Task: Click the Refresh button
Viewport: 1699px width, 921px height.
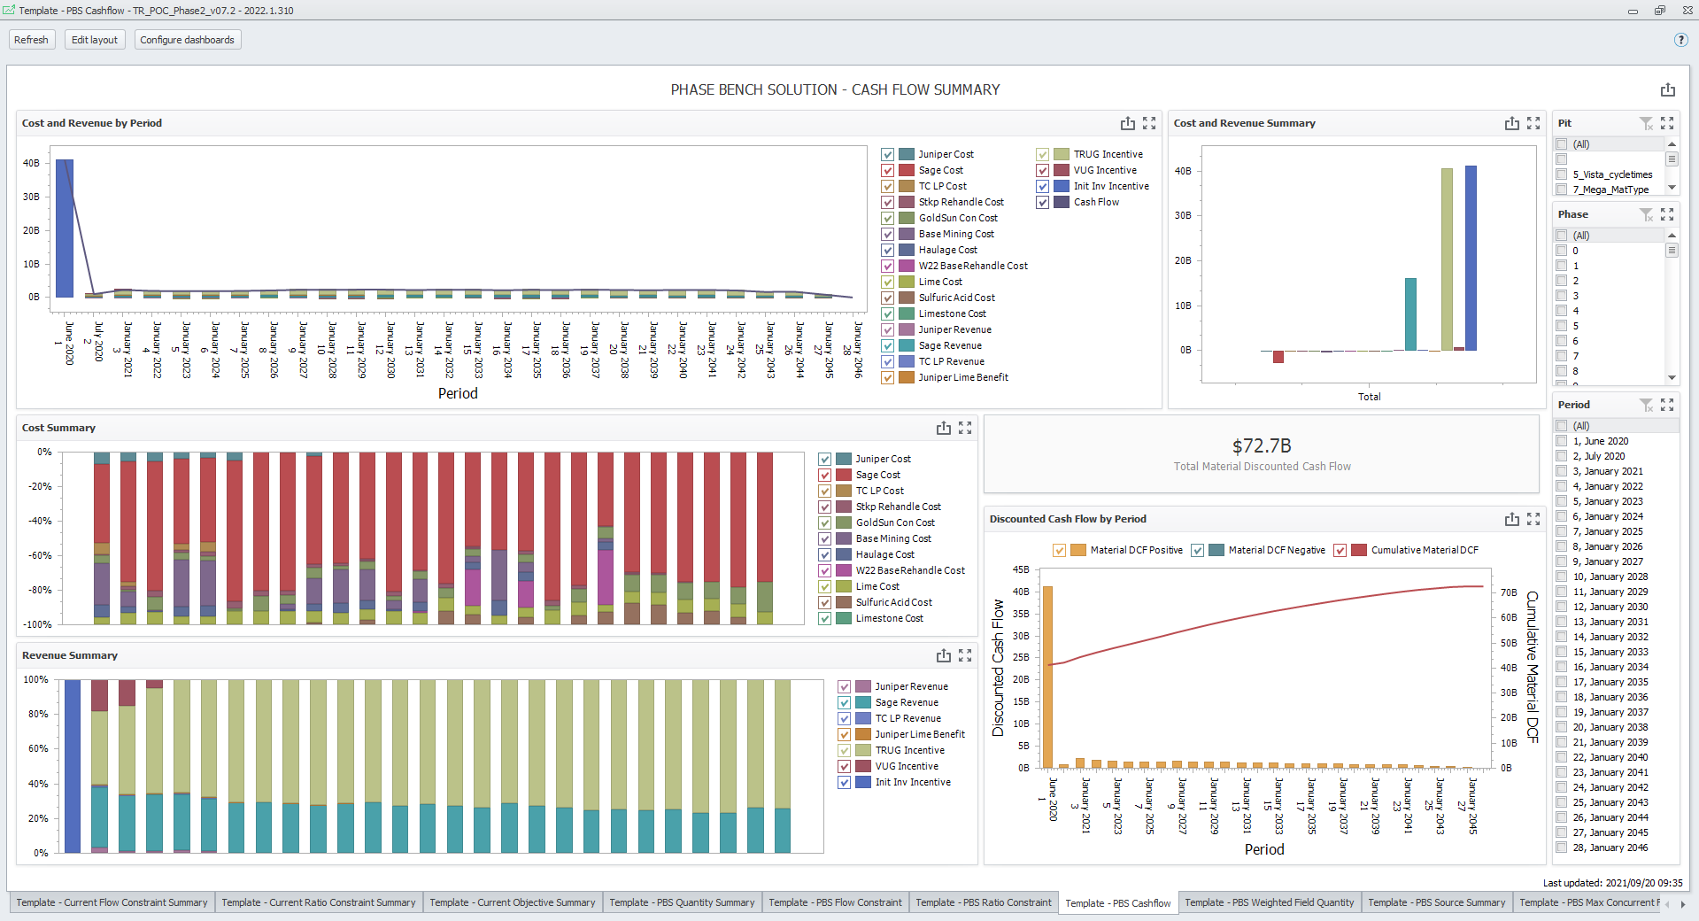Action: [x=31, y=40]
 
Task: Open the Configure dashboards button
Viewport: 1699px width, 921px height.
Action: [x=187, y=40]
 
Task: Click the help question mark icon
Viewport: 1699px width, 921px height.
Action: [x=1680, y=40]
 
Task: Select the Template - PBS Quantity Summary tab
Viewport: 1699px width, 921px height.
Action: [x=681, y=902]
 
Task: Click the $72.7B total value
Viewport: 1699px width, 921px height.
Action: [x=1261, y=445]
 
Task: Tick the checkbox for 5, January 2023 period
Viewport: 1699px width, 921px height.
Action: [x=1562, y=501]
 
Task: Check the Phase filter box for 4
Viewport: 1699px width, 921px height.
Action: [x=1562, y=311]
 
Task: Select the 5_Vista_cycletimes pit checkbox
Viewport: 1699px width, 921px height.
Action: [x=1562, y=174]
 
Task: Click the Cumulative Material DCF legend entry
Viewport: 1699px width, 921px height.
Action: [x=1424, y=550]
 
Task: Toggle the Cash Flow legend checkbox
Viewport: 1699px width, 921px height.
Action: [x=1043, y=202]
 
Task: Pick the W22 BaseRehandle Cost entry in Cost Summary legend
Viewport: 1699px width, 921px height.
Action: [x=909, y=570]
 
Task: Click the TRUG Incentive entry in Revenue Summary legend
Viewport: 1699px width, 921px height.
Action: [x=909, y=750]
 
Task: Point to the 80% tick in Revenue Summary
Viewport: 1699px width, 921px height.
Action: [x=38, y=714]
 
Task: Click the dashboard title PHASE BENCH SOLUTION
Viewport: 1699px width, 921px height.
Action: [x=835, y=89]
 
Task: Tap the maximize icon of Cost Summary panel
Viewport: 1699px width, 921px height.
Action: [x=965, y=428]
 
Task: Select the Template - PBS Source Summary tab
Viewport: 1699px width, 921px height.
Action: [x=1436, y=902]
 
